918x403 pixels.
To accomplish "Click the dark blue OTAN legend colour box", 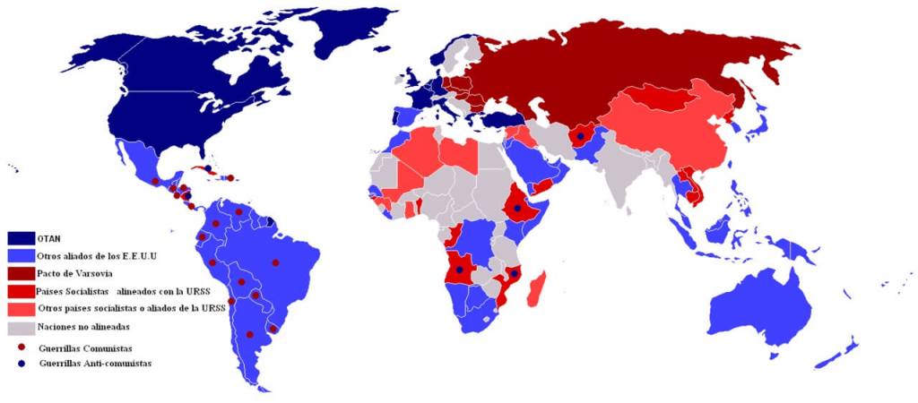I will pos(22,239).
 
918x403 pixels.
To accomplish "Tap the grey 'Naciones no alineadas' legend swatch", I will pos(22,327).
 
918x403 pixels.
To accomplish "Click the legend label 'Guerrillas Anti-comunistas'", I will pos(94,364).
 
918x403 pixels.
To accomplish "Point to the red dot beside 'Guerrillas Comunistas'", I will pos(21,347).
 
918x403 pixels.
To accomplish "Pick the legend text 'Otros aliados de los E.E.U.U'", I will pos(97,257).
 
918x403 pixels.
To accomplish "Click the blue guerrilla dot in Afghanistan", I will pos(580,137).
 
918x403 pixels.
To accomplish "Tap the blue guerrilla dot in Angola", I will pos(460,270).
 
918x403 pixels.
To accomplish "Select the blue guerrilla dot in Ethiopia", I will pos(517,208).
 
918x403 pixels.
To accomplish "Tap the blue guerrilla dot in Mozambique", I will pos(514,272).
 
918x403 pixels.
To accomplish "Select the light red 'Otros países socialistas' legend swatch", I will pos(22,309).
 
